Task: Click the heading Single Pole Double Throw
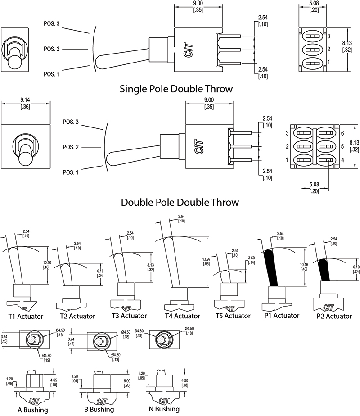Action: tap(176, 89)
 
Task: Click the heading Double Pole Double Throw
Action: tap(180, 202)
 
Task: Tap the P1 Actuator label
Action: tap(280, 316)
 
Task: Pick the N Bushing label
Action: tap(164, 409)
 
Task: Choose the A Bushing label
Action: tap(32, 410)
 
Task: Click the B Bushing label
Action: tap(99, 410)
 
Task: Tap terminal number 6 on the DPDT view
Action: tap(343, 134)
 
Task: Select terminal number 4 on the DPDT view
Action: tap(343, 160)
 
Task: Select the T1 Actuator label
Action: tap(26, 316)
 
